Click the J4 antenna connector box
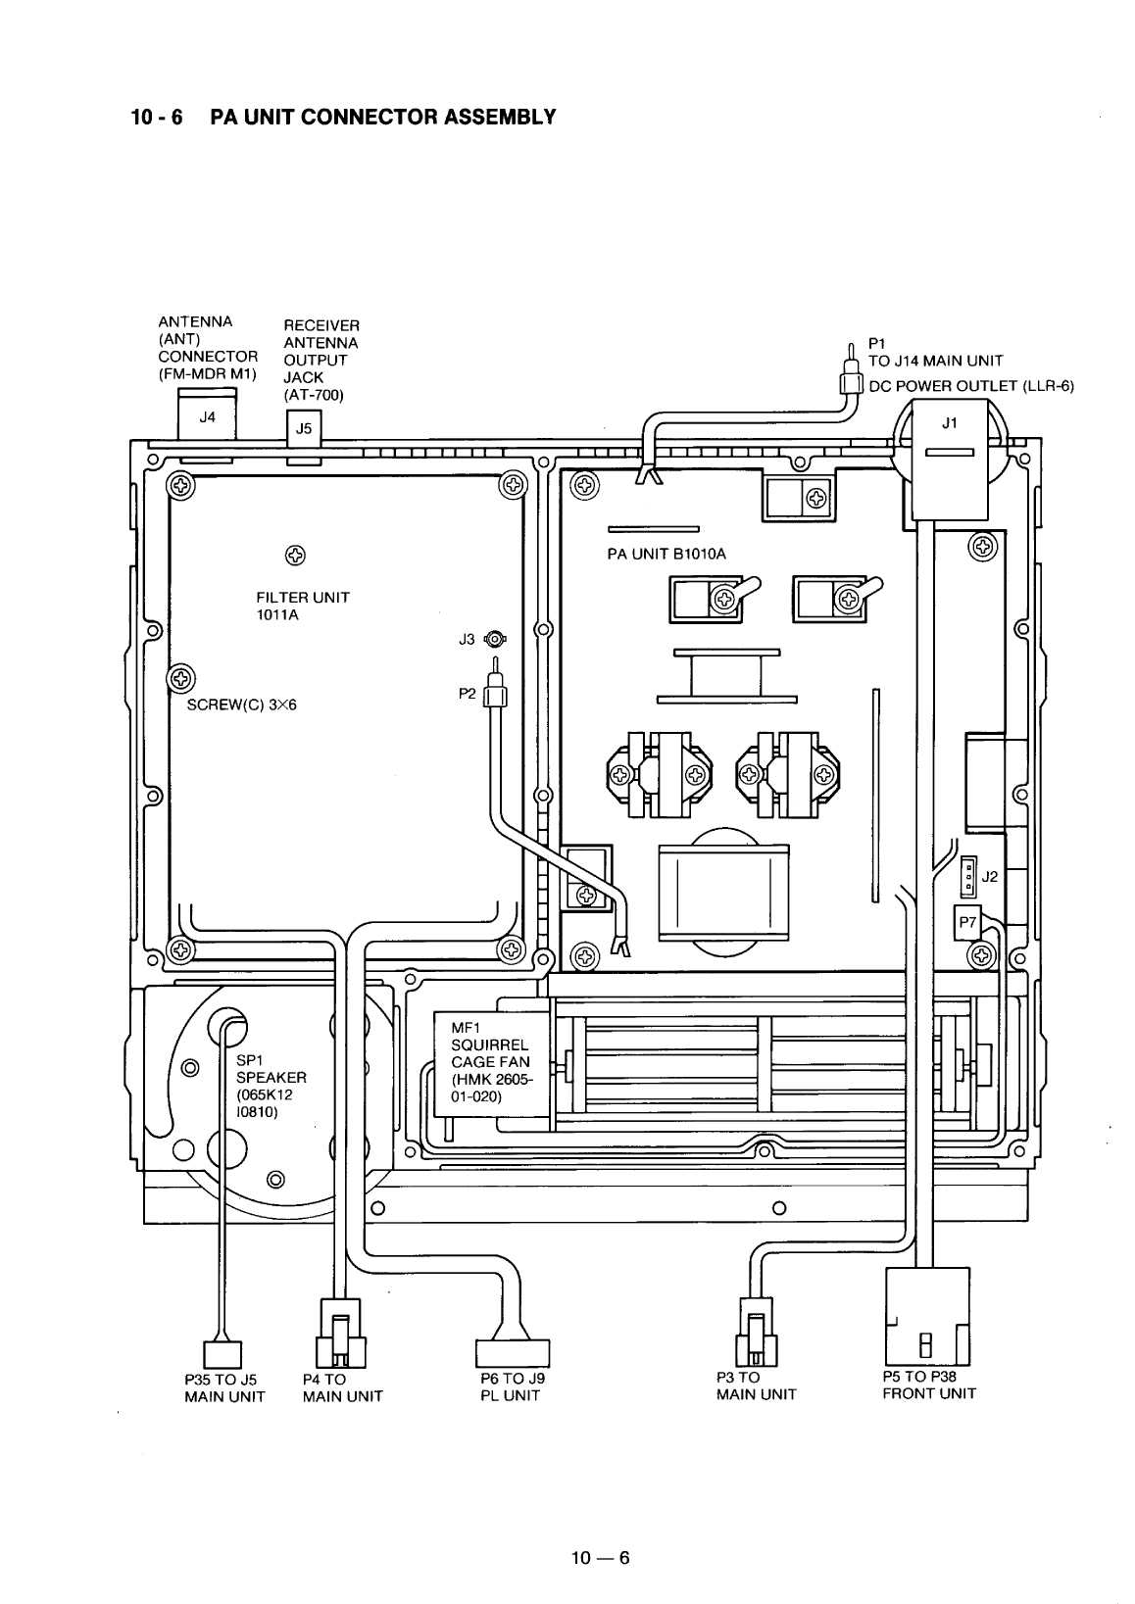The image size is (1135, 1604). pos(207,417)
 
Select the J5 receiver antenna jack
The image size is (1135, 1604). pos(303,429)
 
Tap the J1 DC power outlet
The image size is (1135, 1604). pos(948,461)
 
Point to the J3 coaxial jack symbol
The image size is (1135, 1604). pos(497,640)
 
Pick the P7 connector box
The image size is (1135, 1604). pos(967,922)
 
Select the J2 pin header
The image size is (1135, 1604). pos(968,876)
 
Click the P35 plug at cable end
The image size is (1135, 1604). pos(222,1354)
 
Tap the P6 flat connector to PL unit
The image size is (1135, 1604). pos(513,1352)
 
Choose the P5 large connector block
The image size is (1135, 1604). pos(927,1316)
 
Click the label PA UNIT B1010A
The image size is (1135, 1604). pos(666,554)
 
